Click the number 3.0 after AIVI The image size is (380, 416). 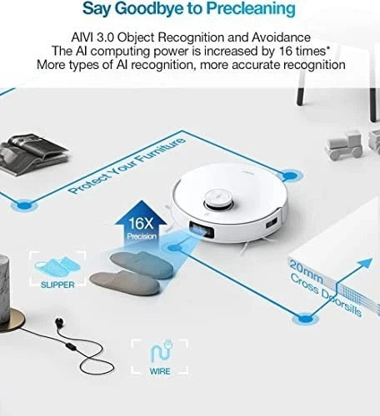pyautogui.click(x=105, y=37)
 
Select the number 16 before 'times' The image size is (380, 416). pyautogui.click(x=286, y=51)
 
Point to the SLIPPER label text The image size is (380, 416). pyautogui.click(x=57, y=285)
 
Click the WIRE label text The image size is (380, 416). pyautogui.click(x=160, y=371)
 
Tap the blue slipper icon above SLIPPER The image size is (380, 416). pyautogui.click(x=57, y=266)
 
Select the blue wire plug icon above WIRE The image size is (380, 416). pyautogui.click(x=161, y=351)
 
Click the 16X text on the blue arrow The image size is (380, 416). pyautogui.click(x=141, y=223)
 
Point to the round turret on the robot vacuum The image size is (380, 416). pyautogui.click(x=219, y=199)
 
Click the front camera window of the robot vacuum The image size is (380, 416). pyautogui.click(x=202, y=230)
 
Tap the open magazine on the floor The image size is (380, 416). pyautogui.click(x=32, y=153)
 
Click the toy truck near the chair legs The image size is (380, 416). pyautogui.click(x=344, y=145)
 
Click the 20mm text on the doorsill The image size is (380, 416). pyautogui.click(x=306, y=270)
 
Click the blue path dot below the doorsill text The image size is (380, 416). pyautogui.click(x=306, y=318)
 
